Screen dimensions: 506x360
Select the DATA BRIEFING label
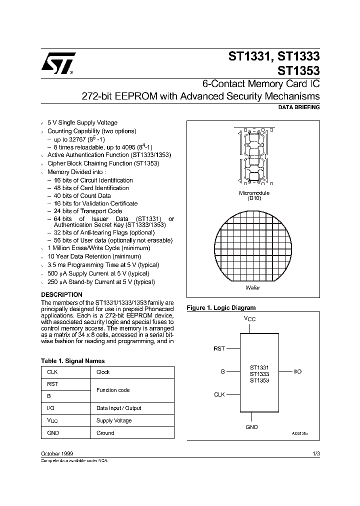click(x=298, y=107)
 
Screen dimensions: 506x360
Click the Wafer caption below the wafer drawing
click(x=253, y=287)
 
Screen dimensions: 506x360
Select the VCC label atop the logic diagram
click(x=249, y=318)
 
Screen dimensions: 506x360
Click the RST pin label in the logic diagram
click(x=219, y=349)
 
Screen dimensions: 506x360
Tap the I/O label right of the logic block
click(x=297, y=371)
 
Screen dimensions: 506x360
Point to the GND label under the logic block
click(x=252, y=427)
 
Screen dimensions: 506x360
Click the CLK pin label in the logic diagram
click(x=219, y=394)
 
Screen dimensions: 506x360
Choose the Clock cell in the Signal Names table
click(x=103, y=372)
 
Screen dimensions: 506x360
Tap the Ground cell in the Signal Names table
click(x=105, y=433)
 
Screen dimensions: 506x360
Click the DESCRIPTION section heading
click(x=61, y=295)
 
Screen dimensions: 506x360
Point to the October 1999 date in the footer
click(x=57, y=453)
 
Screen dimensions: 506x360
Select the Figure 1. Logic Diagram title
click(x=221, y=308)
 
